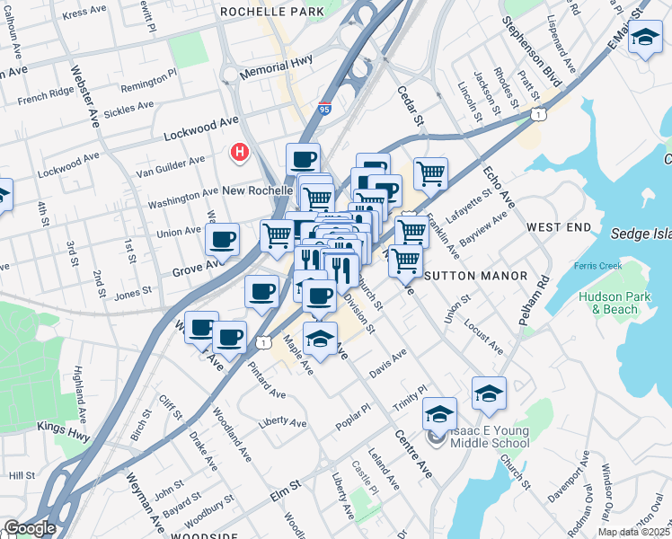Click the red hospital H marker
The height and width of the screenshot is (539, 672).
tap(239, 153)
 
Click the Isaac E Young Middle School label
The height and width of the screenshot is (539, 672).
tap(485, 437)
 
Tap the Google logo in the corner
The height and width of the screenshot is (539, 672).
tap(29, 528)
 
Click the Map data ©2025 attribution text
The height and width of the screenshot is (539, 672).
tap(634, 532)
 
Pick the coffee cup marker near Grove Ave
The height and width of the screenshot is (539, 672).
tap(222, 240)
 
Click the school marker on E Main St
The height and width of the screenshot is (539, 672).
tap(644, 39)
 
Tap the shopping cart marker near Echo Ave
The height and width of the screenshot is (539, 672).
tap(430, 173)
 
